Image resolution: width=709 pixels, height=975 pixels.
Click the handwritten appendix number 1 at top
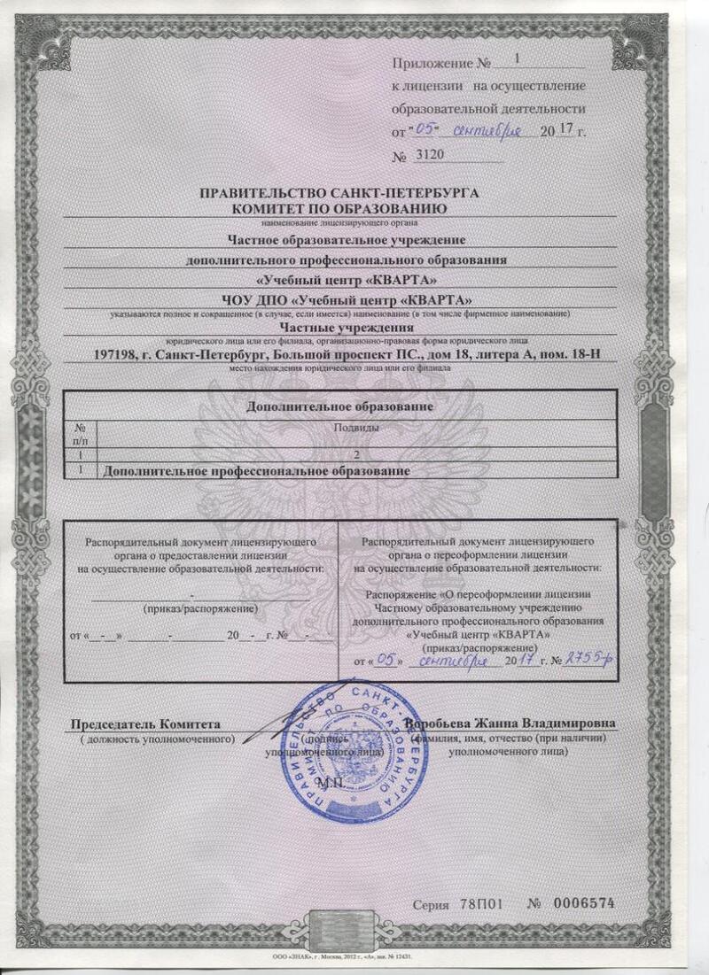[518, 60]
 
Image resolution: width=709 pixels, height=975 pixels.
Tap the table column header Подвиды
[354, 428]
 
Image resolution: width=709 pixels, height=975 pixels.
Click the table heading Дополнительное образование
[339, 406]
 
